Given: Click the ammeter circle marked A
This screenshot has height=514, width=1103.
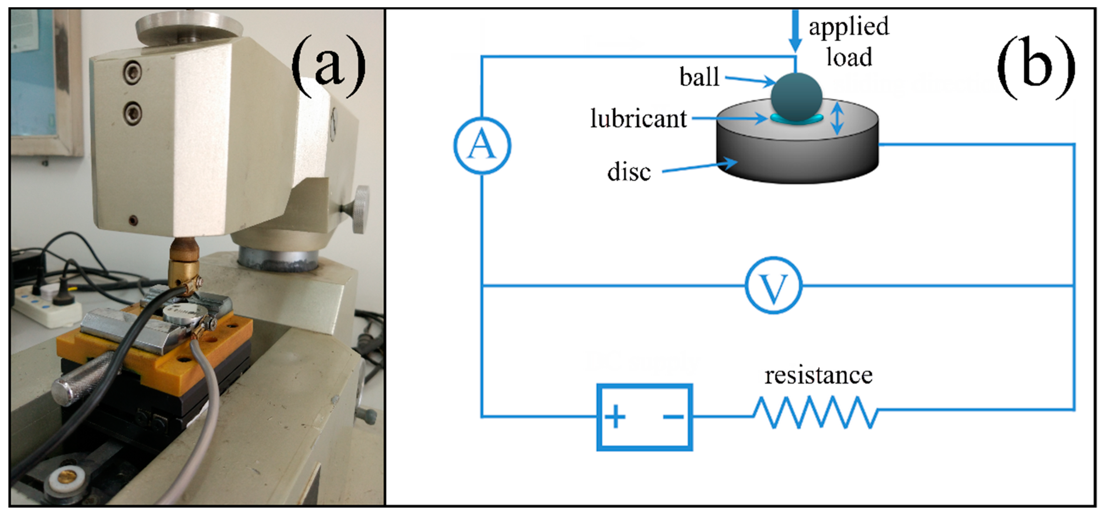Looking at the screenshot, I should tap(482, 146).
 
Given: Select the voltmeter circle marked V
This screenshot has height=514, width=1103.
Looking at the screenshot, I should tap(773, 285).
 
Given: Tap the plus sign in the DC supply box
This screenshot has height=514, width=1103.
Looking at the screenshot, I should tap(615, 417).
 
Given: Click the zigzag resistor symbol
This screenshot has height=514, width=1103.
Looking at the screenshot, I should tap(816, 412).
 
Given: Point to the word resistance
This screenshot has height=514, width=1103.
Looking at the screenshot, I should tap(818, 375).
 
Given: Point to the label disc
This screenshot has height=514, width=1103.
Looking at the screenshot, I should tap(629, 172).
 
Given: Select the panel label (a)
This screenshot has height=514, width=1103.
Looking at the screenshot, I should tap(329, 66).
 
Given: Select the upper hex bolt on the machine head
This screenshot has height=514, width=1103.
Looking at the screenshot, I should tap(132, 72).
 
